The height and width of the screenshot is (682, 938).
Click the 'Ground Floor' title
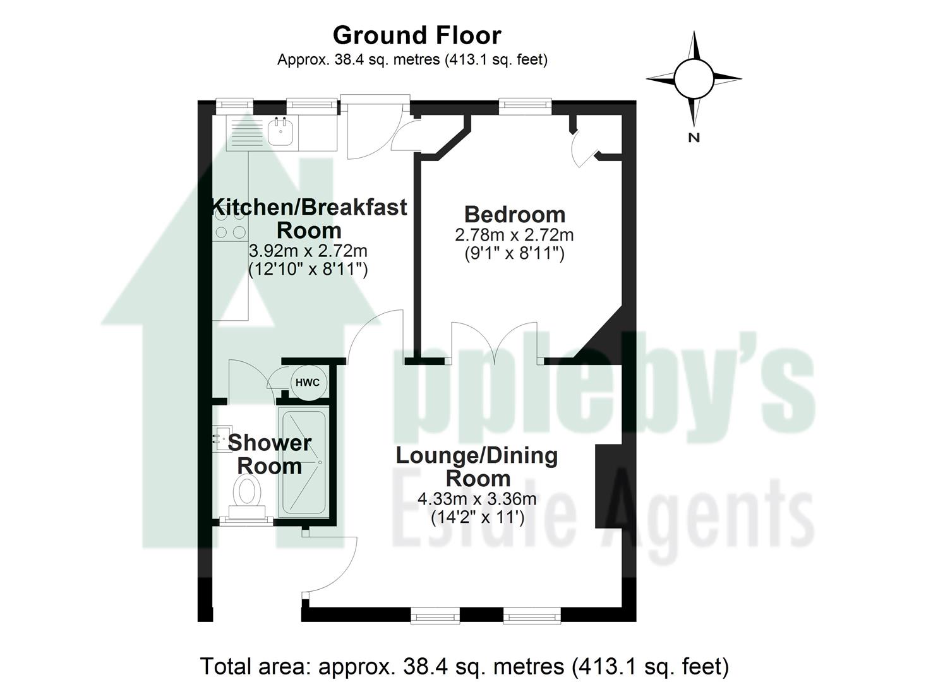(x=417, y=35)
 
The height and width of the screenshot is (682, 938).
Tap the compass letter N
(x=694, y=137)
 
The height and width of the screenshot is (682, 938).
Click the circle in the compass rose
(x=694, y=78)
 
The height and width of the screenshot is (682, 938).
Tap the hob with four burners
(x=229, y=224)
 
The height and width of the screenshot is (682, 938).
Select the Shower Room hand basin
(x=220, y=437)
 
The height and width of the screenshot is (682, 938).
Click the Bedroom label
(x=514, y=215)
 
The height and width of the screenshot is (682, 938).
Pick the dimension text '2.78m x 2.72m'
(x=514, y=236)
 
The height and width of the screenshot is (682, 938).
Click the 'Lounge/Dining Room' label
(x=477, y=466)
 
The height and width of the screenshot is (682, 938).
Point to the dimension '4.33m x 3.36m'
(x=477, y=499)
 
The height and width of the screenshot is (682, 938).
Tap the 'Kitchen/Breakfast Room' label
(x=309, y=218)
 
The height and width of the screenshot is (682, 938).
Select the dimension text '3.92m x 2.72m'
(x=309, y=251)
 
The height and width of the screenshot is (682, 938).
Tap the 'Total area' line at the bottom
(x=464, y=666)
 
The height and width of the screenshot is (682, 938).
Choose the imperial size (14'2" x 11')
(x=477, y=518)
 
